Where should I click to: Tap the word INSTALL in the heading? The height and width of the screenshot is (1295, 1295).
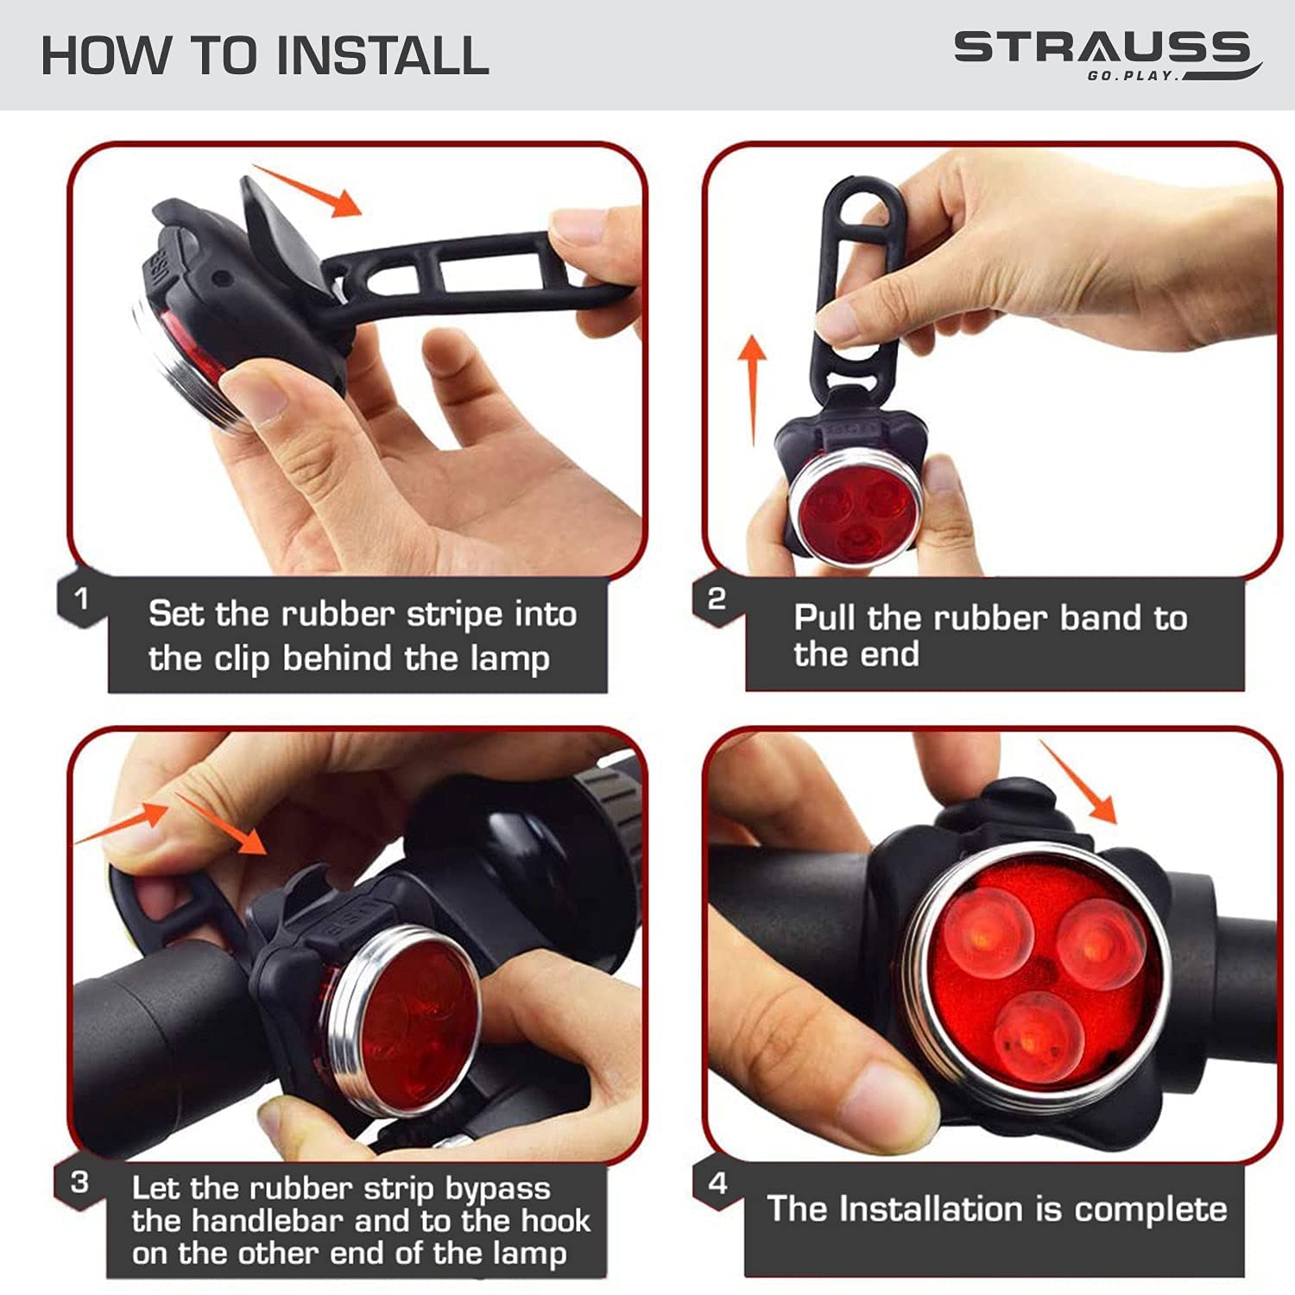382,55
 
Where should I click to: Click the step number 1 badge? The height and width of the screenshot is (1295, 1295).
81,597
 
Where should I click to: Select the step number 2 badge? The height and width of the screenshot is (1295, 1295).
717,598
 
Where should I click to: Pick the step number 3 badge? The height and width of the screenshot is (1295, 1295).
79,1182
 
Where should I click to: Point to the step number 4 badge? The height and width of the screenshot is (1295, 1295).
717,1183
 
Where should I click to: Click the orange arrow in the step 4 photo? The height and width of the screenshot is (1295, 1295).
1078,781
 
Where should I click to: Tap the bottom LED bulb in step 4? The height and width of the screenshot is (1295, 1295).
1037,1036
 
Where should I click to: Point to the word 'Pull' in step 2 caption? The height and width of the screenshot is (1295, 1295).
825,617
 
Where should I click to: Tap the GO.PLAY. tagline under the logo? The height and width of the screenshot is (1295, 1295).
1133,75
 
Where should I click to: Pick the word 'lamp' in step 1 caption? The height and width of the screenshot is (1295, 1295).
509,660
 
